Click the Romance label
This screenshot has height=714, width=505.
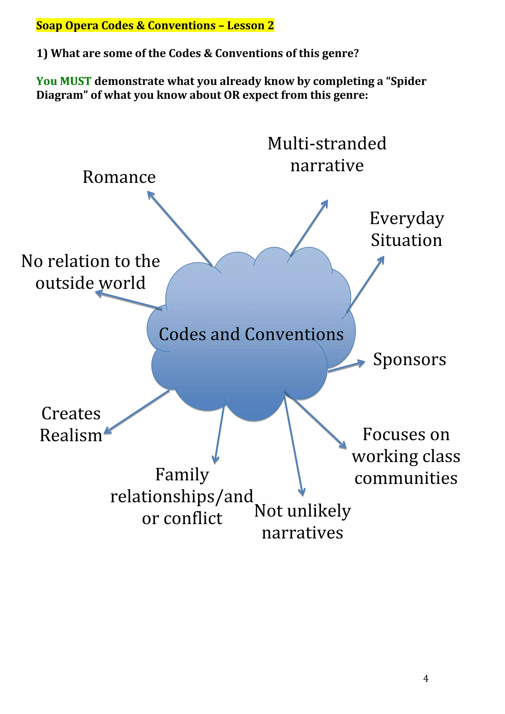(119, 177)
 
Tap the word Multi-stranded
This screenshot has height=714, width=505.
(327, 144)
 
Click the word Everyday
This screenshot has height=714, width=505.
(407, 219)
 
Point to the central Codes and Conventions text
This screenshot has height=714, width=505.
(251, 334)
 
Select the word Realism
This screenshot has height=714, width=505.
(71, 435)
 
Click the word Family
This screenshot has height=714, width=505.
(182, 475)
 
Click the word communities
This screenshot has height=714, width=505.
(406, 478)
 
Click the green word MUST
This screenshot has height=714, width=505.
(76, 81)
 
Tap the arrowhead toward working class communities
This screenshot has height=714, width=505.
(344, 446)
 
